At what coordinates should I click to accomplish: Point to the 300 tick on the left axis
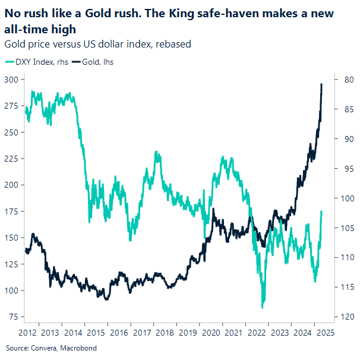coord(11,80)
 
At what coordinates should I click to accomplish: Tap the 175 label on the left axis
coord(11,211)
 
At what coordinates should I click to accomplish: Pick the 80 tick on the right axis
coord(348,80)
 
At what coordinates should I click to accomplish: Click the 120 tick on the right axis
coord(348,317)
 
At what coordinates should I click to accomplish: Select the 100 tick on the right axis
coord(348,198)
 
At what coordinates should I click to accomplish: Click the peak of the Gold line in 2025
coord(321,84)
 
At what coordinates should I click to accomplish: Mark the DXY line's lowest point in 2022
coord(262,307)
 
